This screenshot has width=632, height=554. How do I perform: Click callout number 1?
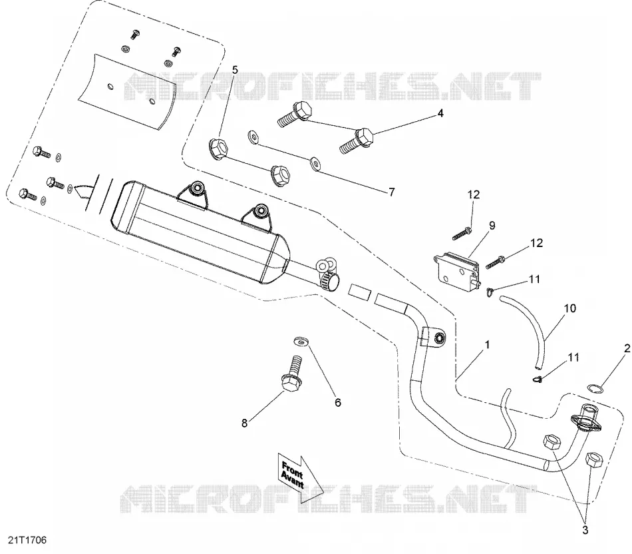487,345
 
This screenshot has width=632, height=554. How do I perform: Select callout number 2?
627,348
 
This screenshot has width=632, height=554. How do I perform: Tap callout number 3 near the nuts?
585,530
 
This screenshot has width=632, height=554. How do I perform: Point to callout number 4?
440,113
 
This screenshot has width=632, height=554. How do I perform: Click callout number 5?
235,70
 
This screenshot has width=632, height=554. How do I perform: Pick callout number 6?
338,402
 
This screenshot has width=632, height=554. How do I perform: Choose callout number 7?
391,192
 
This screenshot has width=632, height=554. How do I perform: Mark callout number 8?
244,423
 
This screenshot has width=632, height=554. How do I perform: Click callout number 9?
492,226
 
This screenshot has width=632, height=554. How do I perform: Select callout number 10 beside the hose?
570,309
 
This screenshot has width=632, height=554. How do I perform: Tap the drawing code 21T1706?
27,540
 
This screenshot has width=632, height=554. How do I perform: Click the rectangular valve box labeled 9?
457,267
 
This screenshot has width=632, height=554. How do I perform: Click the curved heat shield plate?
127,92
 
